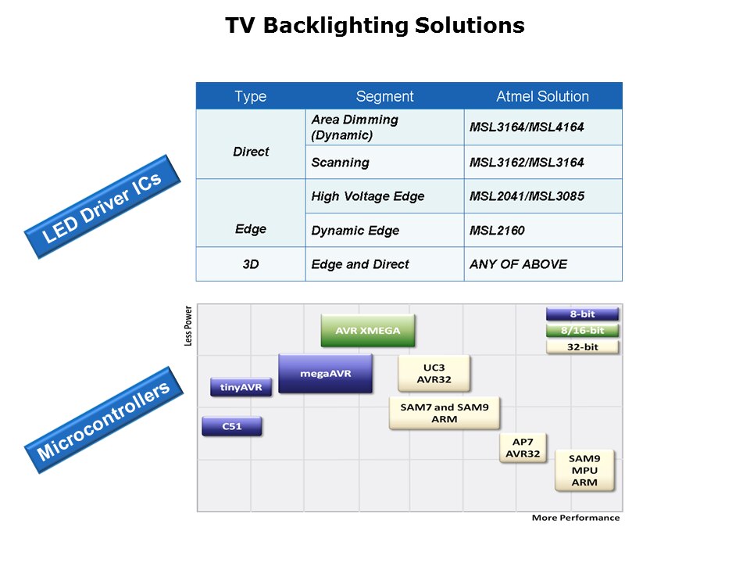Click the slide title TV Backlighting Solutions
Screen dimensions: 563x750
coord(375,26)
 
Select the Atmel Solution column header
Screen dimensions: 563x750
coord(542,96)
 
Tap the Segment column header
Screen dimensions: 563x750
coord(384,96)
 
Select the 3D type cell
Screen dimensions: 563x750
coord(251,264)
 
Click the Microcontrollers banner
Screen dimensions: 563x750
coord(103,419)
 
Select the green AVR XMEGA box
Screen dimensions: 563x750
coord(368,330)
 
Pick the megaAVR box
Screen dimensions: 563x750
coord(325,373)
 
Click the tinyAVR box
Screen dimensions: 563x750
coord(241,387)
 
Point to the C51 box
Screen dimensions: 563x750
coord(232,426)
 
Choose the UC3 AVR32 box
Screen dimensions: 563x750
coord(434,373)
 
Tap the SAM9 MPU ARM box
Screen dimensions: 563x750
coord(584,470)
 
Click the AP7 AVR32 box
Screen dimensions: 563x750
coord(523,447)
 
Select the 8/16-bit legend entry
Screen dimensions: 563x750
coord(582,330)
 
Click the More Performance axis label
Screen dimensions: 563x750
coord(575,518)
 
